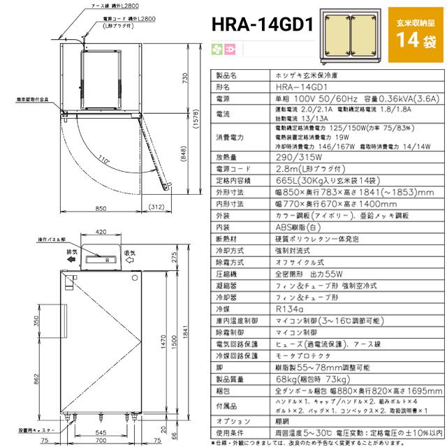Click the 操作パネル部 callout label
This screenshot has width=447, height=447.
47,240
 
